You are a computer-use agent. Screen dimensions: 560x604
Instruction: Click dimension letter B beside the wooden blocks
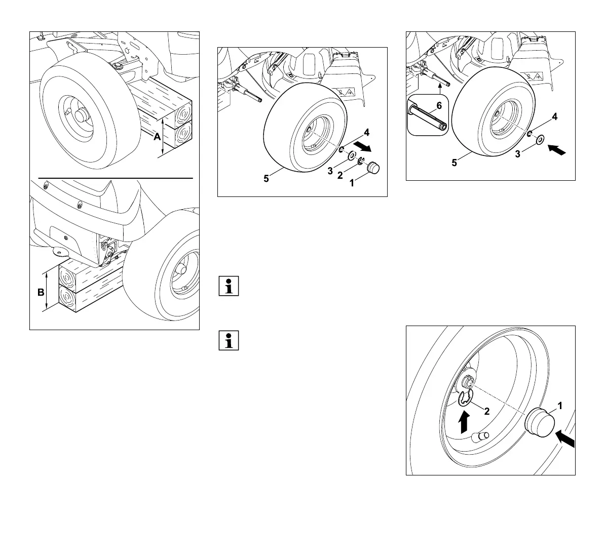41,292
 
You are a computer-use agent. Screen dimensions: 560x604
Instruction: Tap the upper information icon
228,286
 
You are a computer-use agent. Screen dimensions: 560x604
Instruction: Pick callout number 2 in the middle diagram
340,176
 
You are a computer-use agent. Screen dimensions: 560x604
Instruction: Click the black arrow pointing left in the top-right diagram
557,149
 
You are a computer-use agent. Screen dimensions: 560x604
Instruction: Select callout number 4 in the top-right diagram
555,116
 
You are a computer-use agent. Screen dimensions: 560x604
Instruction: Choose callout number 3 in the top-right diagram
517,154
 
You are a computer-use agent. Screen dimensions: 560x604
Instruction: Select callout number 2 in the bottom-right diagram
486,411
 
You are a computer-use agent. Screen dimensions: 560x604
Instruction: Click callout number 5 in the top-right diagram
455,163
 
